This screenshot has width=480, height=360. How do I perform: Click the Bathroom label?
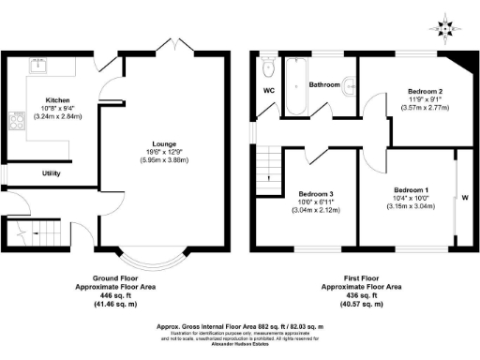pyautogui.click(x=326, y=83)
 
